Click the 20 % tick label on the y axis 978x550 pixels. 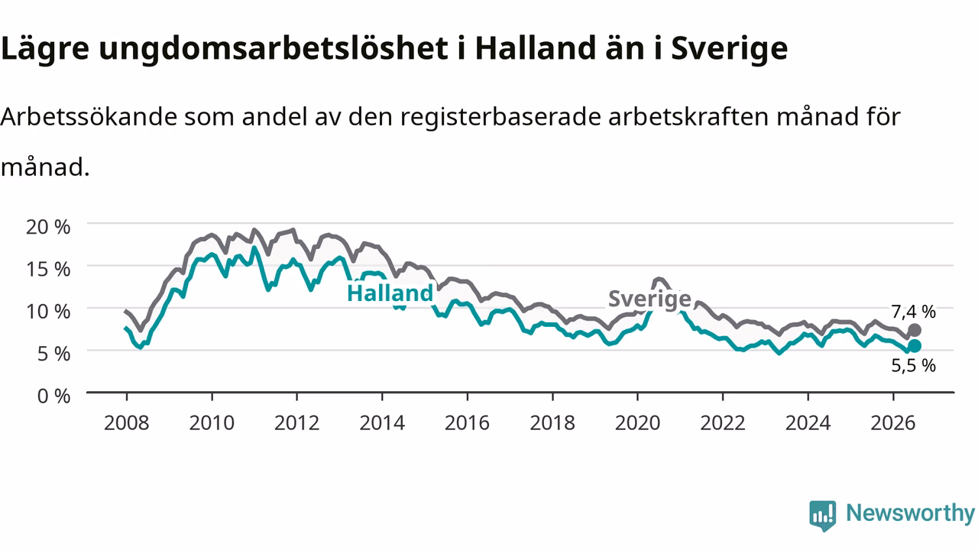(48, 227)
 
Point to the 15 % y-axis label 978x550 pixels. (48, 270)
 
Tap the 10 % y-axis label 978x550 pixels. (48, 312)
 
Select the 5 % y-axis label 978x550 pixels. (53, 354)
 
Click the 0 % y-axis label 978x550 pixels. (53, 396)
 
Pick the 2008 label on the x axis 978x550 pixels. (127, 423)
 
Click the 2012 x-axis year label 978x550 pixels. (297, 423)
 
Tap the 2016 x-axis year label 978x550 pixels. (467, 423)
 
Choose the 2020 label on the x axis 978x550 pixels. (637, 423)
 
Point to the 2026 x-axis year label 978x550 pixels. (893, 423)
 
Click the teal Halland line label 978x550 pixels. (390, 293)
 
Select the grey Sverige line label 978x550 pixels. (649, 299)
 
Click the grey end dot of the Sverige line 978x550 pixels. (915, 330)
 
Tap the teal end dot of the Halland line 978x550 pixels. (915, 346)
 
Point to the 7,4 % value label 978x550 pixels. (913, 312)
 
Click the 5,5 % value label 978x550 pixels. (913, 365)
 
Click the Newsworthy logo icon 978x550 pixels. (823, 516)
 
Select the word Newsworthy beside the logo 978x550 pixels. (911, 513)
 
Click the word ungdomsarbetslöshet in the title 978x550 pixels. (274, 48)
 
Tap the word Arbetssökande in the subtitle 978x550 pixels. (89, 117)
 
